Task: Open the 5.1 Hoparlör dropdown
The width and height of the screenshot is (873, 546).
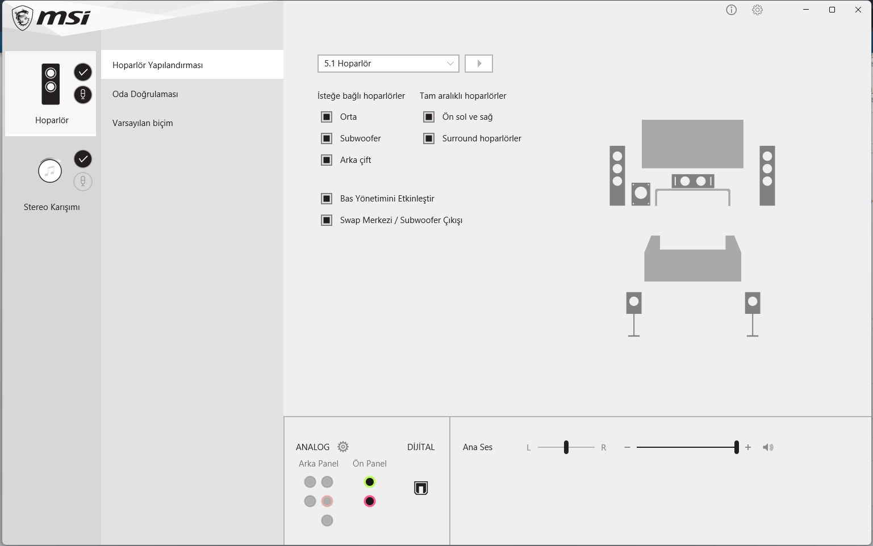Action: [x=388, y=64]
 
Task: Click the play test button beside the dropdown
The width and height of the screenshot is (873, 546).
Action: [x=479, y=64]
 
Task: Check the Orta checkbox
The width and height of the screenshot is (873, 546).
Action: [x=327, y=117]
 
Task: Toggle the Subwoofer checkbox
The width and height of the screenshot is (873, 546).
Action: [x=327, y=138]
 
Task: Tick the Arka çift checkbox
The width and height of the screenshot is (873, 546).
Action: [x=327, y=160]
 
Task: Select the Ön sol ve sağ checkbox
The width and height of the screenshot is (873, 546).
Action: [x=429, y=117]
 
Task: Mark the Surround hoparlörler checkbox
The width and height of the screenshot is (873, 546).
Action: [x=429, y=138]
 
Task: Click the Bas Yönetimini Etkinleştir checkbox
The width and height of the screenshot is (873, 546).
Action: [x=327, y=199]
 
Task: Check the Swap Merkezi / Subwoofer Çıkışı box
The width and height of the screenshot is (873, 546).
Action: [x=327, y=220]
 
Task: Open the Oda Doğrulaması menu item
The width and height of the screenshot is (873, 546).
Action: [x=145, y=94]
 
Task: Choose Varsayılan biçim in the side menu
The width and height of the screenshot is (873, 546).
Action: [x=143, y=123]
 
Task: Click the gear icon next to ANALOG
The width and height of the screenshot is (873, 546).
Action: [x=343, y=447]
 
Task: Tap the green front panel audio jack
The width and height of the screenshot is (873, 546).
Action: [x=369, y=482]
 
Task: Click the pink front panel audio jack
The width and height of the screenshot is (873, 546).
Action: [x=369, y=501]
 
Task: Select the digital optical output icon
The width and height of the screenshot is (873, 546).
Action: [x=421, y=488]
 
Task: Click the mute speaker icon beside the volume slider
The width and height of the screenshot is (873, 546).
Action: [x=768, y=447]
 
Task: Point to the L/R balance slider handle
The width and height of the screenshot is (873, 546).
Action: [x=566, y=447]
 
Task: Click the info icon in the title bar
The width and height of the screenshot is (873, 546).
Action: [x=731, y=10]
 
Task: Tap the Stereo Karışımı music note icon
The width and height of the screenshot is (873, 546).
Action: [x=50, y=171]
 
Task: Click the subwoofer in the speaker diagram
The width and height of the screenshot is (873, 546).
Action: [x=641, y=194]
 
